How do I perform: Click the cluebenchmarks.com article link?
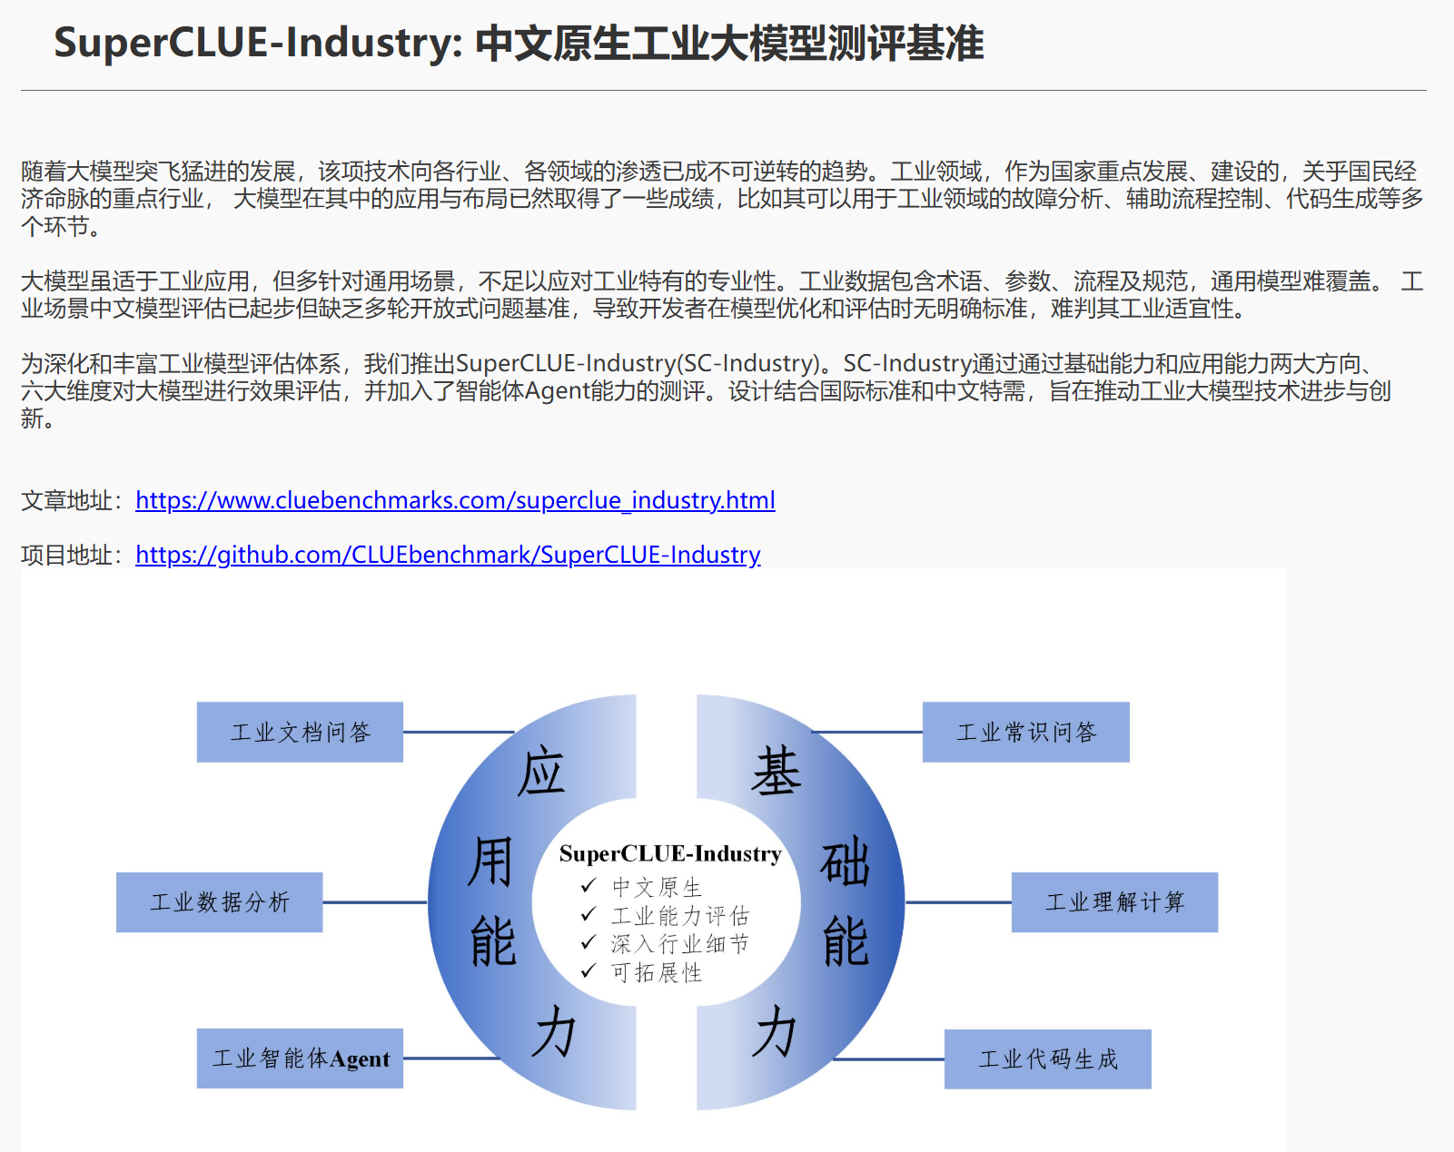455,500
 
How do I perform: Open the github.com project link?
448,555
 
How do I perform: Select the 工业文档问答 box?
300,732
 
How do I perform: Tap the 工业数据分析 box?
219,902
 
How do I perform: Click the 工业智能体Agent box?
300,1058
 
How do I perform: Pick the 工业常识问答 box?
1025,732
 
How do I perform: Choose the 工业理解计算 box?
1114,902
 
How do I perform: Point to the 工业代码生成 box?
1047,1058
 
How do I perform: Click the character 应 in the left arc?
541,773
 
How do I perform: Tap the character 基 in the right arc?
776,773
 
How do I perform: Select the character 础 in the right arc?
845,862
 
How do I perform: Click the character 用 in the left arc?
490,861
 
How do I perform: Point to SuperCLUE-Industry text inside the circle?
670,853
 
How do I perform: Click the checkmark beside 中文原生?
589,885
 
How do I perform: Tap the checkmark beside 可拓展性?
589,971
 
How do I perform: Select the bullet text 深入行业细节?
679,944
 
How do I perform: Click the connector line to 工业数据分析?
374,902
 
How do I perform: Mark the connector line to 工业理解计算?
958,902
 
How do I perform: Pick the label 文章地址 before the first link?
68,500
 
